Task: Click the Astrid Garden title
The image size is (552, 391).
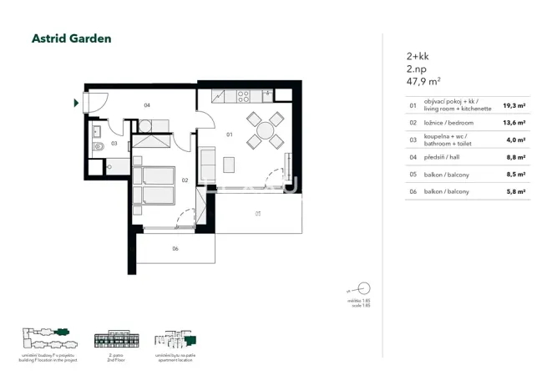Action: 71,38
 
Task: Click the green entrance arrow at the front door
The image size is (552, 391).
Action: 77,104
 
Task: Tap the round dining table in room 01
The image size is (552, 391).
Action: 265,130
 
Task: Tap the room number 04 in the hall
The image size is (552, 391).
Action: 147,105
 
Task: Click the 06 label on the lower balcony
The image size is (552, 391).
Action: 175,248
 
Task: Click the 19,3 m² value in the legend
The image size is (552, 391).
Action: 514,106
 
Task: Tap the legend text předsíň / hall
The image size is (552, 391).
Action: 443,157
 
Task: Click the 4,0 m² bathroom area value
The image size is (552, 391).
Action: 515,140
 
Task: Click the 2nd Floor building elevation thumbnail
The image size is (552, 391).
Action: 114,341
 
